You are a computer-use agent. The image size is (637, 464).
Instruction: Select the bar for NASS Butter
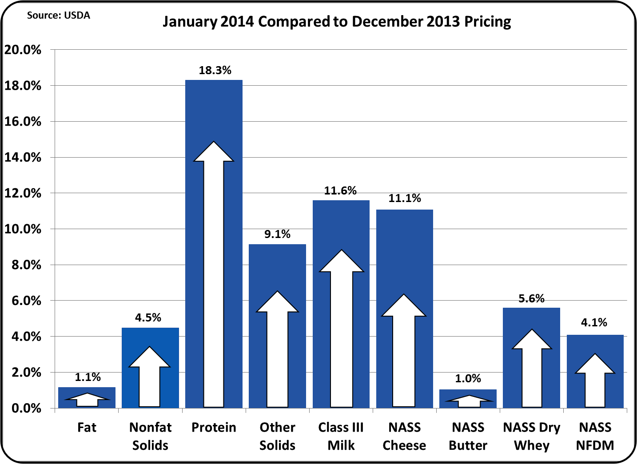pos(468,398)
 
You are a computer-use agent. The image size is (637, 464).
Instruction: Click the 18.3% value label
pos(215,70)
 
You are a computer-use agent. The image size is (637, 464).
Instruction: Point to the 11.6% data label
pos(340,190)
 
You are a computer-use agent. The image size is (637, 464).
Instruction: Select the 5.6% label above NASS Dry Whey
pos(531,298)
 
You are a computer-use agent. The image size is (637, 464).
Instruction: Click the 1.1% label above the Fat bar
pos(88,377)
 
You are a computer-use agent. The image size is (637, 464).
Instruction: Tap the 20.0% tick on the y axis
pos(23,50)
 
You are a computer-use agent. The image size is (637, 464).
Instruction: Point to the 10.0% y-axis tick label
pos(23,229)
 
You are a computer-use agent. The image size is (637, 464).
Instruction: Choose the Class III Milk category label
pos(341,436)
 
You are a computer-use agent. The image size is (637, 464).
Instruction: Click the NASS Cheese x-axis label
pos(404,436)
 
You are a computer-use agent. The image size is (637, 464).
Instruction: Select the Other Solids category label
pos(277,436)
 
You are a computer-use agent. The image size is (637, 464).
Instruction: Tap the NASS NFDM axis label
pos(595,436)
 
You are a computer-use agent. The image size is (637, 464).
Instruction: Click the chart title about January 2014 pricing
pos(337,21)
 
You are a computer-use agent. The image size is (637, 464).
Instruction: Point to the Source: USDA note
pos(58,15)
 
